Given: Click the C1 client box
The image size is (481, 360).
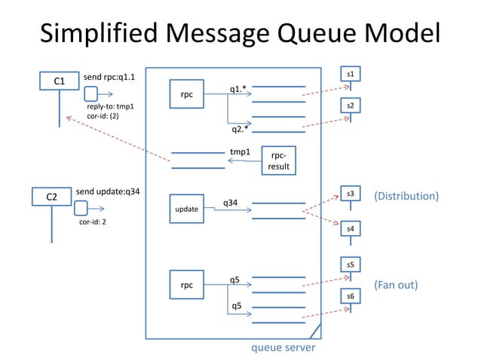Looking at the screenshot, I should point(59,81).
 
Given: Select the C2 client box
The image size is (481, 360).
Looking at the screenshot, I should point(52,197).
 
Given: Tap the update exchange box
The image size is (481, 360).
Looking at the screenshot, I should point(188,208).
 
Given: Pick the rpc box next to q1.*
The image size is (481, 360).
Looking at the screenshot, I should point(186,95).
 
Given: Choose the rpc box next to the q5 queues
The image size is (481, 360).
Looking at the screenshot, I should point(186,285).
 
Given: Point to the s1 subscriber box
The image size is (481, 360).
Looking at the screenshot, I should point(350,75).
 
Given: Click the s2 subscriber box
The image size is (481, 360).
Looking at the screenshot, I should point(350,108).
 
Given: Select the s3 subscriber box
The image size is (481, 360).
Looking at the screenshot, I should point(350,194).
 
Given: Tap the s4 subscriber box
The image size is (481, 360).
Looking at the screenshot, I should point(350,227).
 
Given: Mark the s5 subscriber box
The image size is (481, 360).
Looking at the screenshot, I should point(350,265).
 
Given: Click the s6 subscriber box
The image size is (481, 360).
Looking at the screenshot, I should point(350,297).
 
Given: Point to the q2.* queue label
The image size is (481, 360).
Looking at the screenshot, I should point(240,129).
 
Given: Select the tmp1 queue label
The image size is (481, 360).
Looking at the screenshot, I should point(240,151).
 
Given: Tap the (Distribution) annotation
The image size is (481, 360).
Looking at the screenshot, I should point(406,196).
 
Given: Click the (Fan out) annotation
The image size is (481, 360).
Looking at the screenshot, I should point(396,285).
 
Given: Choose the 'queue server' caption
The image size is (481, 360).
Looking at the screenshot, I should point(283,348).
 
